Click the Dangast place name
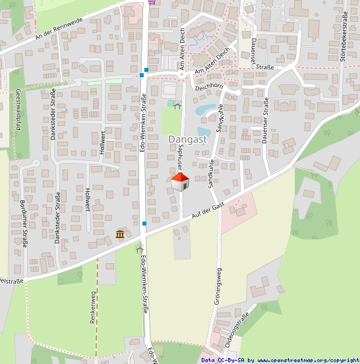[188, 139]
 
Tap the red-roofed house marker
[181, 181]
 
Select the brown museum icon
[120, 234]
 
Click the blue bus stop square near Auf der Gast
[144, 224]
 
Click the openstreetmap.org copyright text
[307, 360]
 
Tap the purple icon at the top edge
[153, 3]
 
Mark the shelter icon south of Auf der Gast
[138, 249]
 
